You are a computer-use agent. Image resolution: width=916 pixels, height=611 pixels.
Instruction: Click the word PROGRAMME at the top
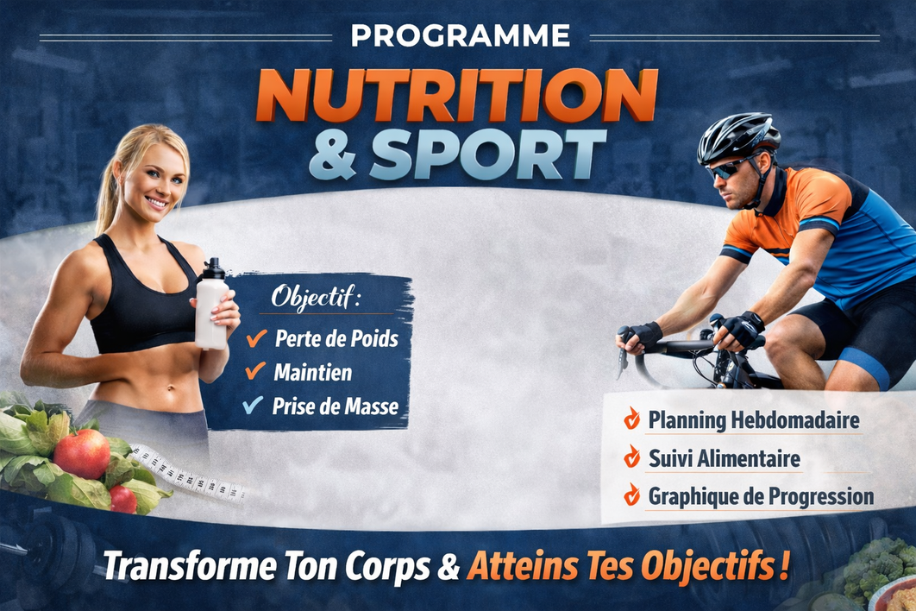pos(461,35)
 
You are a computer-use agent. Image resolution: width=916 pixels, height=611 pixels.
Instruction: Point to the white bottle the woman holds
pos(211,307)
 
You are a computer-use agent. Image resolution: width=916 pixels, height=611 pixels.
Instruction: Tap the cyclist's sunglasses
pos(727,169)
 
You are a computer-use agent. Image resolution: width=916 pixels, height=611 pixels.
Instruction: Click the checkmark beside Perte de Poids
pos(256,338)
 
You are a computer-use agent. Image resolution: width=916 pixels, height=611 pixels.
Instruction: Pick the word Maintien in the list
pos(312,373)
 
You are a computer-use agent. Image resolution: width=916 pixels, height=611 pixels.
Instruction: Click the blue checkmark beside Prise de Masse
pos(254,405)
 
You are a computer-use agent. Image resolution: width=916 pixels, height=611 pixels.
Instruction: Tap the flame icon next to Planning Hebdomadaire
pos(632,419)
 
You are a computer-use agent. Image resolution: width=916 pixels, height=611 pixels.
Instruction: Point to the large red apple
pos(82,453)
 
